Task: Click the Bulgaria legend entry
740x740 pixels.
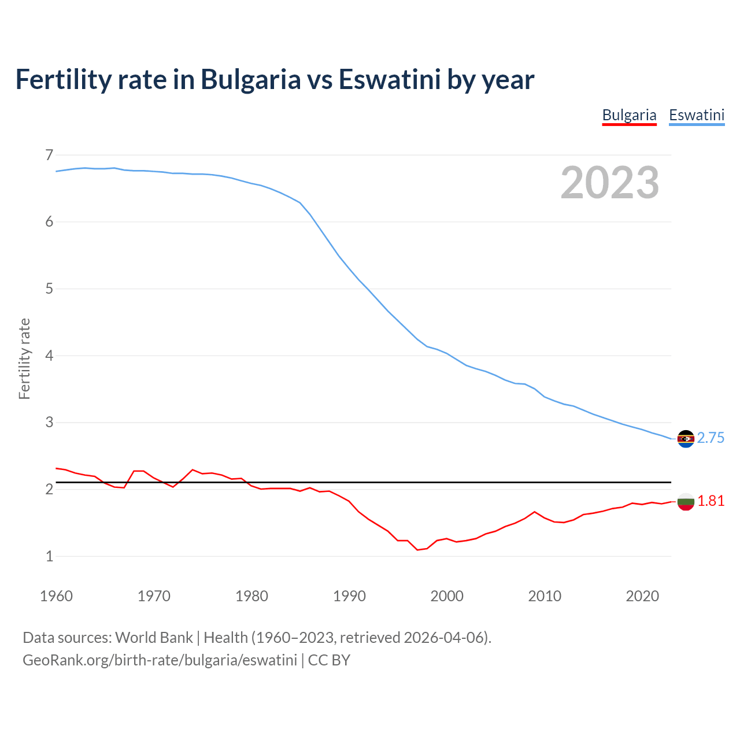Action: coord(629,115)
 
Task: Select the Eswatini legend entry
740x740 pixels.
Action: coord(697,115)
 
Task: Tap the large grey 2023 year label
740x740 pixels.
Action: coord(609,183)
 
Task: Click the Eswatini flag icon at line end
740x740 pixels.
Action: coord(686,439)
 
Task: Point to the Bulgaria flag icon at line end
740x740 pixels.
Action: coord(686,502)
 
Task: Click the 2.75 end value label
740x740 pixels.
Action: coord(711,438)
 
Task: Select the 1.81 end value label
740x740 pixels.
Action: coord(711,501)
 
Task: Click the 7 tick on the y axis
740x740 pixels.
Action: coord(49,155)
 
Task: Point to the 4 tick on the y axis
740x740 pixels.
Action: coord(49,356)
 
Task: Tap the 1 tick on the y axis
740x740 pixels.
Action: coord(49,556)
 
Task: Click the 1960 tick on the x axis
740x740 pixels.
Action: coord(56,596)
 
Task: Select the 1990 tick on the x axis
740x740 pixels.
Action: coord(349,596)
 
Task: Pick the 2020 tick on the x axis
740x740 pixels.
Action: coord(642,596)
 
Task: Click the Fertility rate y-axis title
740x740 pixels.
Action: coord(24,358)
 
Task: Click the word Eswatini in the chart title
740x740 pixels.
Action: coord(390,79)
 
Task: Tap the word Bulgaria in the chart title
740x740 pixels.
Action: coord(250,79)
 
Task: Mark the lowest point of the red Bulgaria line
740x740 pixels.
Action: coord(417,550)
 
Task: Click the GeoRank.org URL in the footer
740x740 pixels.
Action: coord(160,660)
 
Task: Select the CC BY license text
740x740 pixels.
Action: coord(329,660)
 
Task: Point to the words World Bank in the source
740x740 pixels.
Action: coord(154,638)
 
